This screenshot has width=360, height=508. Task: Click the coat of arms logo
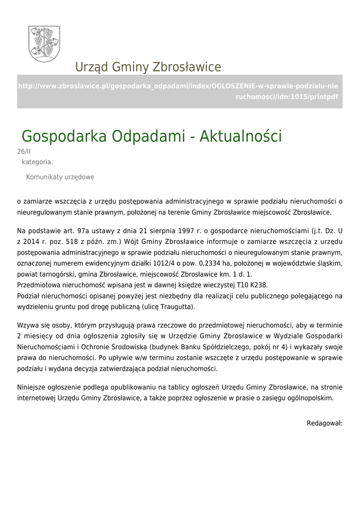44,44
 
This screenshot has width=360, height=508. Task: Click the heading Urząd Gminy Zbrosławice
148,67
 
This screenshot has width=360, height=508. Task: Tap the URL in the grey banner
179,91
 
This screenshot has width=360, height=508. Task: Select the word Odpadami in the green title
149,136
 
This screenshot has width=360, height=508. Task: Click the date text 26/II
24,152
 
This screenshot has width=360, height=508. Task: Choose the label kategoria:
37,162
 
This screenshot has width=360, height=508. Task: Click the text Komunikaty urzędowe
60,177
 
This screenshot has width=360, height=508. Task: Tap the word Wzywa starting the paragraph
27,325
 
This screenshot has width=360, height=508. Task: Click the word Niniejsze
33,387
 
